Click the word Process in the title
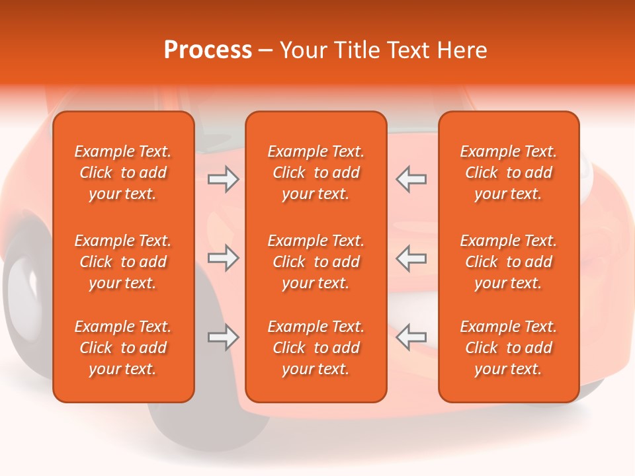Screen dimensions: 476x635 pyautogui.click(x=208, y=50)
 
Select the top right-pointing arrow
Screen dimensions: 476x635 pyautogui.click(x=224, y=179)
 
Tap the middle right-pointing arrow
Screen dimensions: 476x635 pyautogui.click(x=224, y=258)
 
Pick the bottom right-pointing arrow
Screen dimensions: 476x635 pyautogui.click(x=224, y=337)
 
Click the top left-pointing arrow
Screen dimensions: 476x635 pyautogui.click(x=411, y=179)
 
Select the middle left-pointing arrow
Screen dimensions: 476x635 pyautogui.click(x=411, y=258)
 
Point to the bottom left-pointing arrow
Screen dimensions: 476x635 pyautogui.click(x=411, y=337)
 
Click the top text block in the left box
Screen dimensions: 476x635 pyautogui.click(x=123, y=173)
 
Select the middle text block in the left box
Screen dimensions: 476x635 pyautogui.click(x=123, y=262)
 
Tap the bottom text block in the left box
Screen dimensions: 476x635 pyautogui.click(x=123, y=348)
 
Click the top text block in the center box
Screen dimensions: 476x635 pyautogui.click(x=316, y=173)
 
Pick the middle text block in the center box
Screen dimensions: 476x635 pyautogui.click(x=316, y=262)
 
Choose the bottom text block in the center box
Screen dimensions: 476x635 pyautogui.click(x=316, y=348)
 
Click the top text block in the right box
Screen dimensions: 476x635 pyautogui.click(x=508, y=173)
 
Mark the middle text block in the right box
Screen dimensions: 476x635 pyautogui.click(x=508, y=262)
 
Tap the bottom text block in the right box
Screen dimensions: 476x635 pyautogui.click(x=508, y=348)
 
